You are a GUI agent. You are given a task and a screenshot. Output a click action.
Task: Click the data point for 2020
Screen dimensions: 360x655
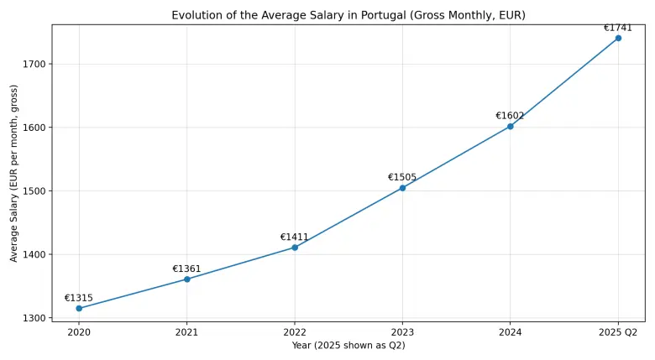click(x=79, y=308)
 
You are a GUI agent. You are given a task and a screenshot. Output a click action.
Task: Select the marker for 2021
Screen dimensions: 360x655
click(x=186, y=279)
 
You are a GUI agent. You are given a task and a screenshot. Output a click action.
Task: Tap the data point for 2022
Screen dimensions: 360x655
click(x=295, y=248)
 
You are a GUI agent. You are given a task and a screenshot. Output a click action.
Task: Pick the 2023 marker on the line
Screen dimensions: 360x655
click(x=402, y=188)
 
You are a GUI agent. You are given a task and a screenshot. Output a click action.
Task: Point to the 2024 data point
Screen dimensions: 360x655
click(x=510, y=127)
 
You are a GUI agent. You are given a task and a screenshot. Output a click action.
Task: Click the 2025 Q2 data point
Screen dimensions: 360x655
click(x=618, y=38)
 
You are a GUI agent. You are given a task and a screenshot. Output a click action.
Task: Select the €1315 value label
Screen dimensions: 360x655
click(x=79, y=298)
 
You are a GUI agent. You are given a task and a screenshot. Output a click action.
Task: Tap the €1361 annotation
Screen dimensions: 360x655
click(x=186, y=269)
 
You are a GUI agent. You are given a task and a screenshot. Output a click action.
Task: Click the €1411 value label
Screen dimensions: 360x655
click(x=295, y=237)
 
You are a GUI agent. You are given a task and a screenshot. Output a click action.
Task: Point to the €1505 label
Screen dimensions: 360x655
click(x=402, y=178)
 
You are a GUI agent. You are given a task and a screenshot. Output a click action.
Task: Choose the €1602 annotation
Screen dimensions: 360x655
click(x=510, y=116)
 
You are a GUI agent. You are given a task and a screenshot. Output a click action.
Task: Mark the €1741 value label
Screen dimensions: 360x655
click(x=618, y=28)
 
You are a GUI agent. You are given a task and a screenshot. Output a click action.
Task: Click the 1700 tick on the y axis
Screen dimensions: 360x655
click(x=34, y=64)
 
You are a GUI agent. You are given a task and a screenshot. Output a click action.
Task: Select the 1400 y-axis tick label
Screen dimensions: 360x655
click(x=34, y=254)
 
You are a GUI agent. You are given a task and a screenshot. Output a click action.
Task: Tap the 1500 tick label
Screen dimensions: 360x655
click(x=34, y=191)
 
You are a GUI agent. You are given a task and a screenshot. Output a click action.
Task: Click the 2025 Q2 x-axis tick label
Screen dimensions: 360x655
click(x=618, y=332)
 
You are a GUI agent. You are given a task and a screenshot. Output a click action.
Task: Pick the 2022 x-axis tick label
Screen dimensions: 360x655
click(x=295, y=332)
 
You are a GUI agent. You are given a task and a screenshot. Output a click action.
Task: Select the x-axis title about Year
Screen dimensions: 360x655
click(x=348, y=346)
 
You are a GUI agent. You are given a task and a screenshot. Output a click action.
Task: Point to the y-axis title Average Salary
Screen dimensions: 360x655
click(x=14, y=173)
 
